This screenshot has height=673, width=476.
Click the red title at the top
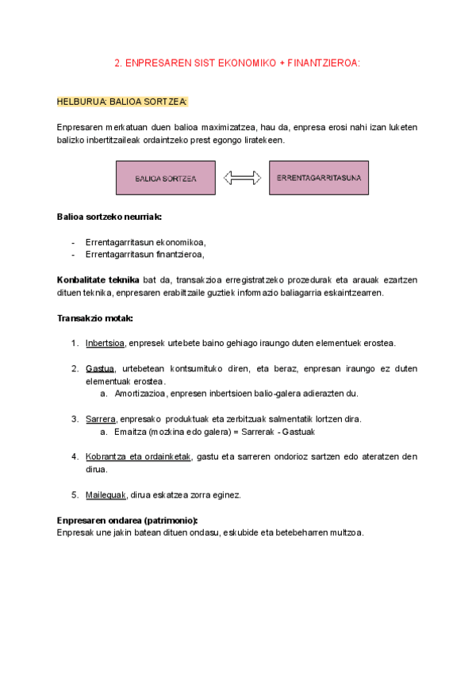pyautogui.click(x=237, y=63)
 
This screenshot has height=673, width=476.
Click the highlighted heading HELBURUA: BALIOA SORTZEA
pyautogui.click(x=122, y=102)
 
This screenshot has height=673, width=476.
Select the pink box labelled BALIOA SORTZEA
pyautogui.click(x=165, y=179)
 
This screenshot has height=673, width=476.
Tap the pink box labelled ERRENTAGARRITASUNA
pyautogui.click(x=319, y=178)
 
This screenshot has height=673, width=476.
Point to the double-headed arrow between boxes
pyautogui.click(x=242, y=179)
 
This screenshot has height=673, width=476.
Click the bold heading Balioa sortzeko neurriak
pyautogui.click(x=109, y=216)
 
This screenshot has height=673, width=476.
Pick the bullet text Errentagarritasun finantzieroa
pyautogui.click(x=144, y=255)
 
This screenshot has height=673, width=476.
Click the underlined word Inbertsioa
pyautogui.click(x=105, y=344)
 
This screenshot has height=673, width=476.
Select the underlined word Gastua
pyautogui.click(x=100, y=369)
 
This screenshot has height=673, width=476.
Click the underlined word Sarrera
pyautogui.click(x=101, y=419)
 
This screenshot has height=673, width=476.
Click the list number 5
pyautogui.click(x=75, y=494)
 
